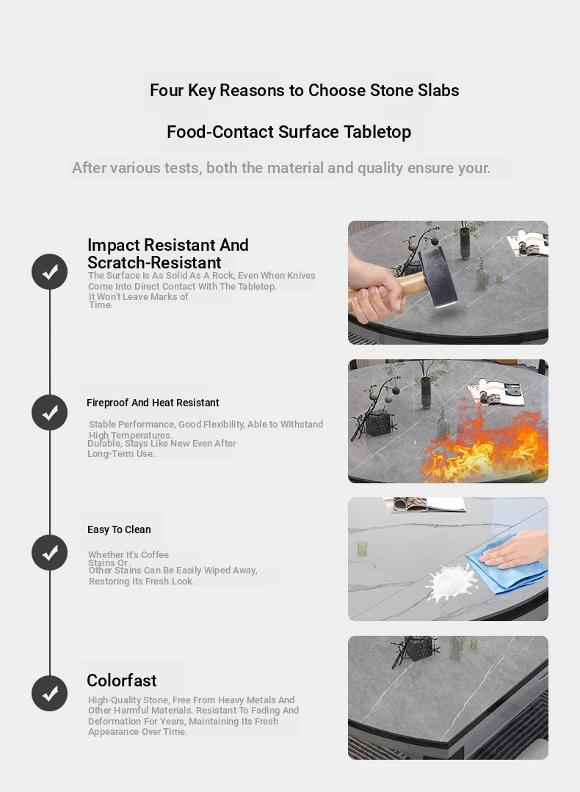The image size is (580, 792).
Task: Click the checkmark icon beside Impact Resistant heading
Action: (49, 272)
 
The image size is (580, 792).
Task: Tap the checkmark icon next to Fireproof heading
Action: (49, 413)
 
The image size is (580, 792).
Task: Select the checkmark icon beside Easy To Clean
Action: (49, 553)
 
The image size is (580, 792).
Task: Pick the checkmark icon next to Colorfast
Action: (49, 694)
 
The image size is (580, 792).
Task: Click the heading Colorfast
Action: (122, 681)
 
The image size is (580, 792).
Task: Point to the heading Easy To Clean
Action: (119, 529)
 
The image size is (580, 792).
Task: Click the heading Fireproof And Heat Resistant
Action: (153, 403)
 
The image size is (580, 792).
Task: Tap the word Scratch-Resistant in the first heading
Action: (154, 263)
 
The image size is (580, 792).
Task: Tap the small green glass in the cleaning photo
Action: (362, 549)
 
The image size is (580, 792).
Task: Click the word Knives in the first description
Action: (301, 275)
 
